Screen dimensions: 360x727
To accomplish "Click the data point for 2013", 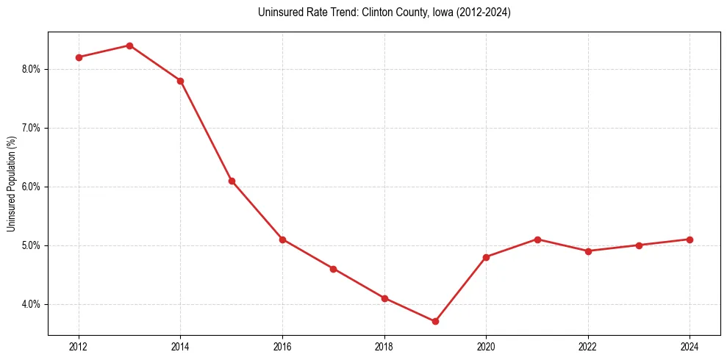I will pos(129,46).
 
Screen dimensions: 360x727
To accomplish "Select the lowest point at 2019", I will pos(435,321).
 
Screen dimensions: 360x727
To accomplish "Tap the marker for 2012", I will pos(79,57).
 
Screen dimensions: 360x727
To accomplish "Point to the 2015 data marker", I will pos(232,181).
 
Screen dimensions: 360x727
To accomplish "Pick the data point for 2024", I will pos(690,240).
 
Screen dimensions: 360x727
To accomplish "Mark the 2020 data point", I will pos(486,257).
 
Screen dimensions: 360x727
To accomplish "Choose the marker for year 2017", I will pos(333,269).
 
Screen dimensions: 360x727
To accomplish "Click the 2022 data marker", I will pos(588,251).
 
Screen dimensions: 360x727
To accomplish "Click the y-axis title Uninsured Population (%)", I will pos(11,183).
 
